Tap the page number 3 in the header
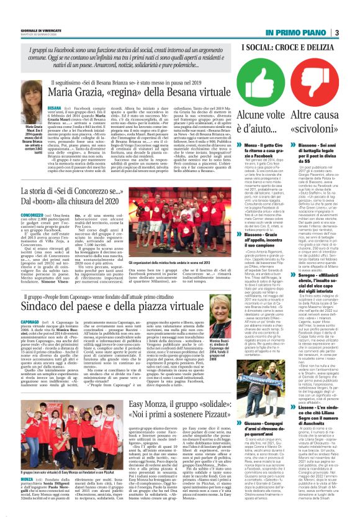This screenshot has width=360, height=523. tap(353, 33)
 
